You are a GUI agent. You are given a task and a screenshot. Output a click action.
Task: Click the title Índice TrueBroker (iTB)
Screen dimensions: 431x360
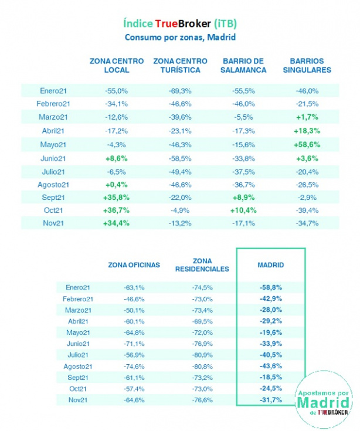pos(180,23)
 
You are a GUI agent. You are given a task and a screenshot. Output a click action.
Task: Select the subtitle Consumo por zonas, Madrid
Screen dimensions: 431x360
pos(180,37)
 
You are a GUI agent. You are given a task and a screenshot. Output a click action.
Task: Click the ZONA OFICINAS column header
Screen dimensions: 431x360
pos(134,265)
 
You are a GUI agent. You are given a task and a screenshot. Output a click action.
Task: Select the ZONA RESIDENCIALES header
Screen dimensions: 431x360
pos(202,265)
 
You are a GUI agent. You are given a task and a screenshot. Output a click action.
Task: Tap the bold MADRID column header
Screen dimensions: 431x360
pos(270,265)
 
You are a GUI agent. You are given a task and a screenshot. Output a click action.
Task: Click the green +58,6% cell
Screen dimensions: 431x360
pos(306,144)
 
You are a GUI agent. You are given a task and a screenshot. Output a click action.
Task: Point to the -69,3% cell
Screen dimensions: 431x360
pos(180,91)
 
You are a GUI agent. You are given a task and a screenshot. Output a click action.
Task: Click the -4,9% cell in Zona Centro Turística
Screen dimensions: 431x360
pos(180,210)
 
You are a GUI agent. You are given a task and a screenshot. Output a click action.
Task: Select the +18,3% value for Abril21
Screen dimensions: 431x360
pos(306,131)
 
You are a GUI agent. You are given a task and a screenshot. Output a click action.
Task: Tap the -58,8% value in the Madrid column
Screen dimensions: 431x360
pos(270,287)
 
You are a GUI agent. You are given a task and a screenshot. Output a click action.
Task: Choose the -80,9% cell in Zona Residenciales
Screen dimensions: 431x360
pos(202,355)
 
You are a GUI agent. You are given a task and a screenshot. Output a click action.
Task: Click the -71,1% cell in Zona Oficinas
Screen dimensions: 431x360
pos(134,344)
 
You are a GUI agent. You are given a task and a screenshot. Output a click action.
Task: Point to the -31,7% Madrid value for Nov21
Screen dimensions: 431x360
pos(270,400)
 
